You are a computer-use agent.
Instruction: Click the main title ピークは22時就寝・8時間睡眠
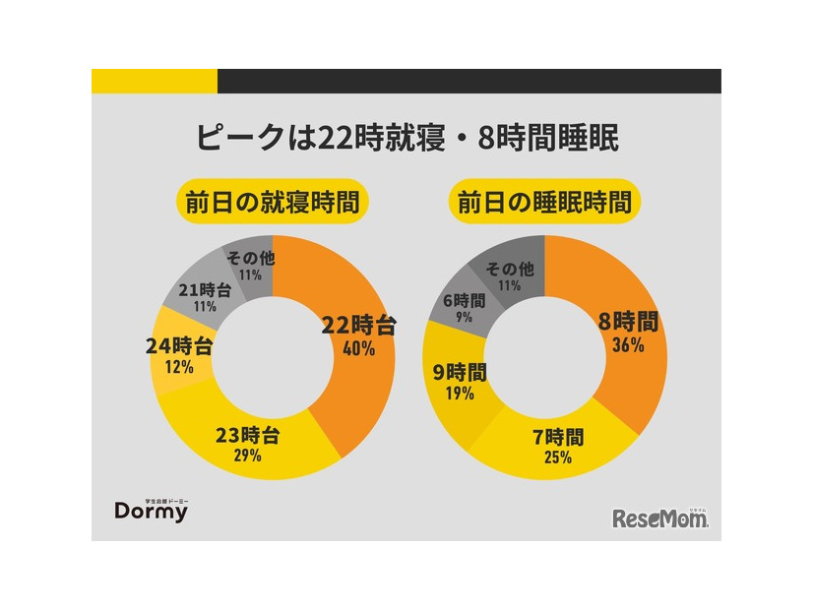[x=406, y=138]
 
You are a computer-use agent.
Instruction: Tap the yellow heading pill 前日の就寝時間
[x=272, y=203]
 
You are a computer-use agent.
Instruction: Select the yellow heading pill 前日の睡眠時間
[x=543, y=203]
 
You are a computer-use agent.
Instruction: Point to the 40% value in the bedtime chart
[x=358, y=348]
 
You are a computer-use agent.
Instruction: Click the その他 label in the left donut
[x=243, y=259]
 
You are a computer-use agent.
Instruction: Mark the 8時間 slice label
[x=627, y=322]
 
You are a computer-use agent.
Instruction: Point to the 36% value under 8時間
[x=627, y=344]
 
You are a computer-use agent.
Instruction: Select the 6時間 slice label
[x=464, y=301]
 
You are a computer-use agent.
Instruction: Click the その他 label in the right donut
[x=511, y=268]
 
